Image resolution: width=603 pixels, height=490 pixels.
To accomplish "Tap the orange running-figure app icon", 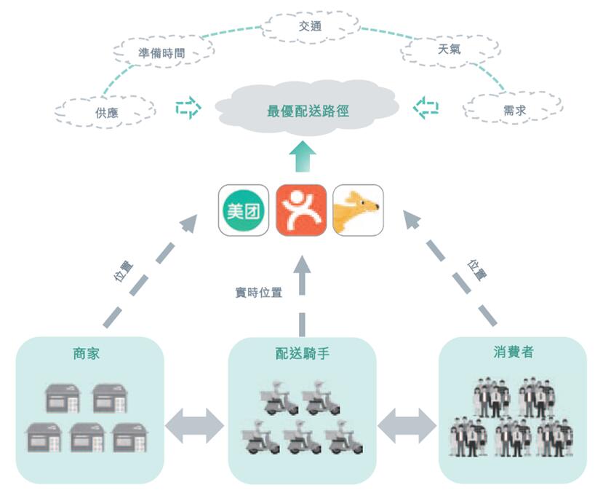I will coord(301,210).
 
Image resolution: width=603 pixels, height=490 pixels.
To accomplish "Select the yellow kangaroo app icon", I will coord(358,210).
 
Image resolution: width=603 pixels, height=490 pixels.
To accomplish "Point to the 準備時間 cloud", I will coord(161,52).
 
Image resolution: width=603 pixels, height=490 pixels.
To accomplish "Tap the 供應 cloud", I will coord(106,112).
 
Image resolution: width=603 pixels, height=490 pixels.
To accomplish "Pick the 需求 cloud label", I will coord(514,111).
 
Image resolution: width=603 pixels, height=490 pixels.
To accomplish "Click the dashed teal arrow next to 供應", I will coord(188,108).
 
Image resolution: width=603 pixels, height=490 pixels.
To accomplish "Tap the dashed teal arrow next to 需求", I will coord(426,108).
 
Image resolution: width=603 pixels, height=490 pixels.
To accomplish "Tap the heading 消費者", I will coord(513,352).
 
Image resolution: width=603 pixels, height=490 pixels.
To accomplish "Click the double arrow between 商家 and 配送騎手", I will coord(194,424).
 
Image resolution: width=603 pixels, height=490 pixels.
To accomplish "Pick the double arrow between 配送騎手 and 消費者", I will coord(407,424).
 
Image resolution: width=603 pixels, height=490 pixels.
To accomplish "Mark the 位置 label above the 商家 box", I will coord(124,271).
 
